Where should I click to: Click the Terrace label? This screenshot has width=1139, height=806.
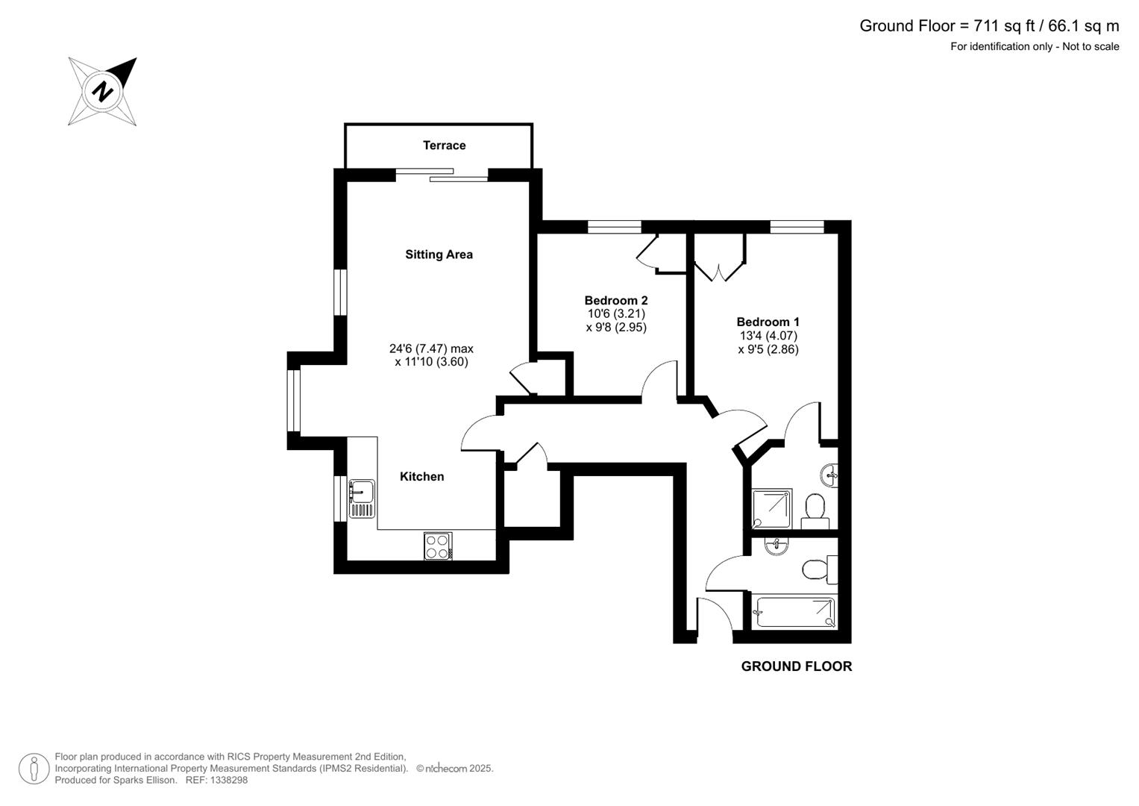click(x=444, y=146)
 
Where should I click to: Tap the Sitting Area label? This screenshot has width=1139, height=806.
click(x=439, y=254)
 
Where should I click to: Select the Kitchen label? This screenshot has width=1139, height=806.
click(x=421, y=477)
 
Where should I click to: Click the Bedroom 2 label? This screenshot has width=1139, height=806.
click(x=615, y=301)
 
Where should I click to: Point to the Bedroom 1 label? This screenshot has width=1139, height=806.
click(x=768, y=322)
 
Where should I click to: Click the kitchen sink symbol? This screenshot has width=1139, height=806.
click(x=362, y=499)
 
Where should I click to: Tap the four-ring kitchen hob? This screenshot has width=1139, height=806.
click(x=438, y=546)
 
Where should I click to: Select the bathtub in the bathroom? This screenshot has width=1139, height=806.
click(x=795, y=612)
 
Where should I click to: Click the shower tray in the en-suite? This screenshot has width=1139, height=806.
click(x=772, y=510)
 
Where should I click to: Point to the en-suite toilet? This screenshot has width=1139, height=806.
click(x=816, y=509)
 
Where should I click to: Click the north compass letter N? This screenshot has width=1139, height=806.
click(x=103, y=92)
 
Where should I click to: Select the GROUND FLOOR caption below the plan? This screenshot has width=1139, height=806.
click(x=796, y=666)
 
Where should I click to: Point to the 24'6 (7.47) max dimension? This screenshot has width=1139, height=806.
click(x=431, y=349)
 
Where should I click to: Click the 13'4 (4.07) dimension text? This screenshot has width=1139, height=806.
click(x=768, y=336)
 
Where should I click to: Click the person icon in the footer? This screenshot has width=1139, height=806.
click(x=34, y=768)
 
